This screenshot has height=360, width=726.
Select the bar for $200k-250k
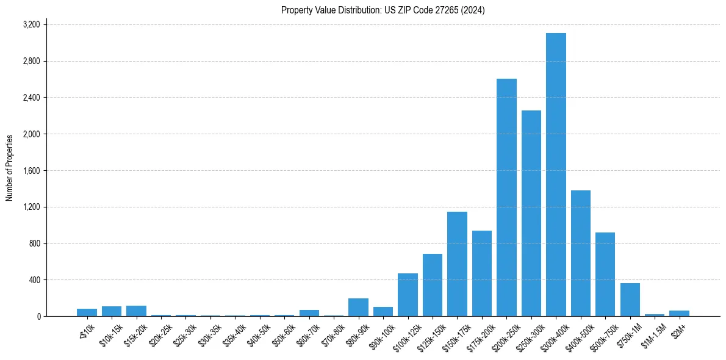coord(506,198)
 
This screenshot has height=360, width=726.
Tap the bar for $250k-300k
coord(531,214)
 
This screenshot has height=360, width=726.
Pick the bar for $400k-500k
coord(580,253)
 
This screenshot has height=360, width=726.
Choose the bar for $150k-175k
coord(457,264)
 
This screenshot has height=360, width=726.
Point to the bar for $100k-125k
coord(408,295)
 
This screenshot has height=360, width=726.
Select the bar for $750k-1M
coord(630,300)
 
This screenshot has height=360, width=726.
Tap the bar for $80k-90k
coord(358,308)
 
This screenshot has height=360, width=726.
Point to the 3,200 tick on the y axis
coord(31,24)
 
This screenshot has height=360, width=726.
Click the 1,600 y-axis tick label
coord(31,171)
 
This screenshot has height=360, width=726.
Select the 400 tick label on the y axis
coord(34,280)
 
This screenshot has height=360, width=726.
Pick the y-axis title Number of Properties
coord(10,168)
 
